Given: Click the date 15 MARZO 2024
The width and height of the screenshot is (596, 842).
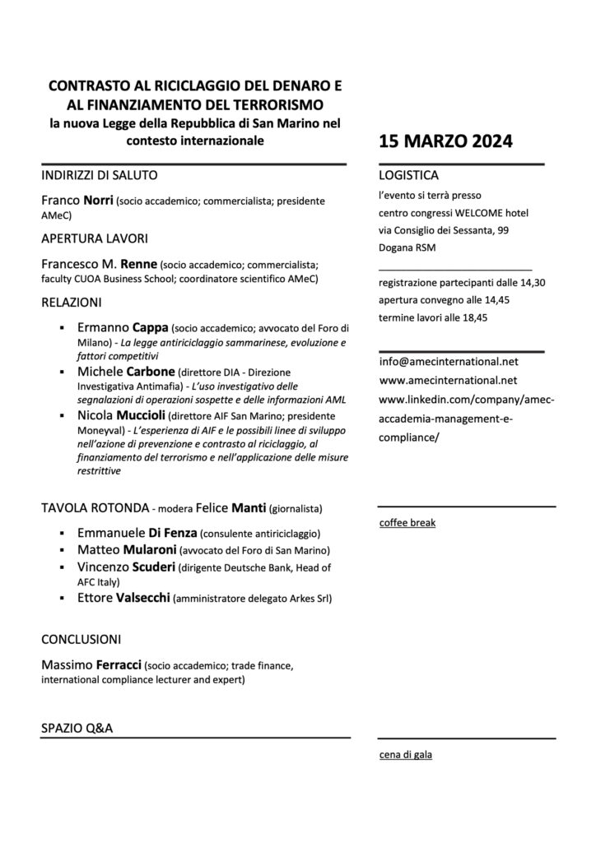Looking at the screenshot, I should [445, 141].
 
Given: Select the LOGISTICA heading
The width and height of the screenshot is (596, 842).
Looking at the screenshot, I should [408, 176].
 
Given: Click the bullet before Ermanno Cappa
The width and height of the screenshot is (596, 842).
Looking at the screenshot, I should [63, 327].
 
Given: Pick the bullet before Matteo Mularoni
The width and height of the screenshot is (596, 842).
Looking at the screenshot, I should [63, 550].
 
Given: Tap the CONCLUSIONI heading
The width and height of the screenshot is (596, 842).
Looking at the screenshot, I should [81, 638].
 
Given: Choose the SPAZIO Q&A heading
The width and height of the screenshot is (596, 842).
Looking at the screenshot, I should [77, 729].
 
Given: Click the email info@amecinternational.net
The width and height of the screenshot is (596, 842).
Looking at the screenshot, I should [449, 361].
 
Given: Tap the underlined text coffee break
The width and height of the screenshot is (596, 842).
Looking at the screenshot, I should [407, 523].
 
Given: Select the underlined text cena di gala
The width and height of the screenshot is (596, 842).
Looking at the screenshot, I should [406, 755].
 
